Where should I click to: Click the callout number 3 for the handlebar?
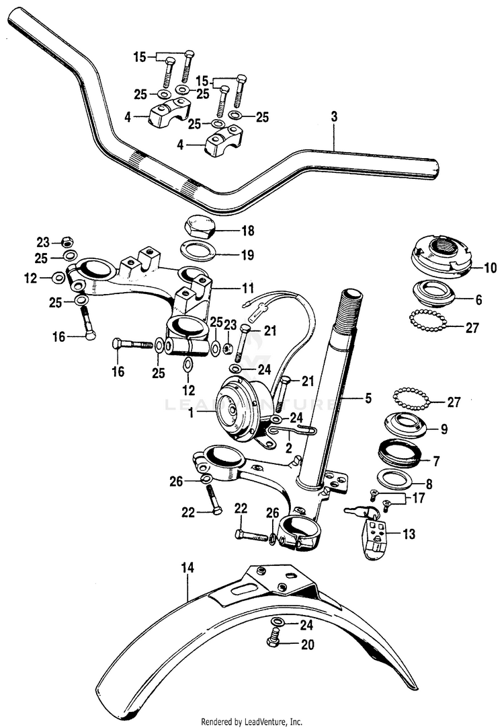pos(334,117)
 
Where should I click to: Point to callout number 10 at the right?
pos(490,268)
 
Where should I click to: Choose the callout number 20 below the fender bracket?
pos(307,644)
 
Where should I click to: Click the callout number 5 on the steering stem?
pos(368,398)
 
